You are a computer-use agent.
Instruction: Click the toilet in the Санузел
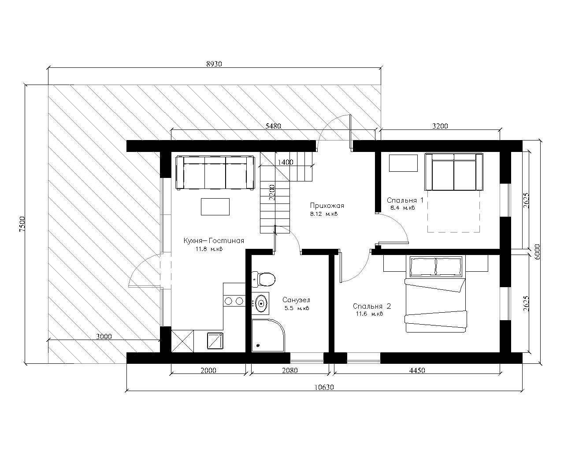click(x=263, y=279)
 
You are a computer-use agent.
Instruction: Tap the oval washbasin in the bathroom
click(x=261, y=303)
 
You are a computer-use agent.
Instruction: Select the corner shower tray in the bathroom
click(x=268, y=335)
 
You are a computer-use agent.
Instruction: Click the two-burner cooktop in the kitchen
click(x=234, y=301)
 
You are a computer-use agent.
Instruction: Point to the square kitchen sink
click(x=215, y=341)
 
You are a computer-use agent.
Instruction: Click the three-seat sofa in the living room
click(x=215, y=173)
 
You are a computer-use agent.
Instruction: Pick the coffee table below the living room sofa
click(x=215, y=207)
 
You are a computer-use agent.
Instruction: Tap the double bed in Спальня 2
click(x=436, y=294)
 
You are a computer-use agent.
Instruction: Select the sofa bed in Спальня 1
click(x=454, y=172)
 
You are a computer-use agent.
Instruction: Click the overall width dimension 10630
click(x=324, y=387)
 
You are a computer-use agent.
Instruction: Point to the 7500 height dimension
click(x=22, y=224)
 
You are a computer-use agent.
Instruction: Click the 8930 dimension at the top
click(x=214, y=64)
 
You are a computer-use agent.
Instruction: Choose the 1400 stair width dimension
click(x=286, y=162)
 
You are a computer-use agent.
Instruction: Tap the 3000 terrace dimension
click(x=104, y=336)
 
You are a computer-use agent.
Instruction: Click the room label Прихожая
click(x=327, y=206)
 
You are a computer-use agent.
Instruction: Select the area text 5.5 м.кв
click(x=297, y=308)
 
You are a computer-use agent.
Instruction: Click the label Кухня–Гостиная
click(x=214, y=241)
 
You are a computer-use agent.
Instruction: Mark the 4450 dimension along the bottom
click(x=417, y=370)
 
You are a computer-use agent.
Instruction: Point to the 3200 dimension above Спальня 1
click(x=440, y=126)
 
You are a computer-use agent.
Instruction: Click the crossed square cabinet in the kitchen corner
click(x=182, y=341)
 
